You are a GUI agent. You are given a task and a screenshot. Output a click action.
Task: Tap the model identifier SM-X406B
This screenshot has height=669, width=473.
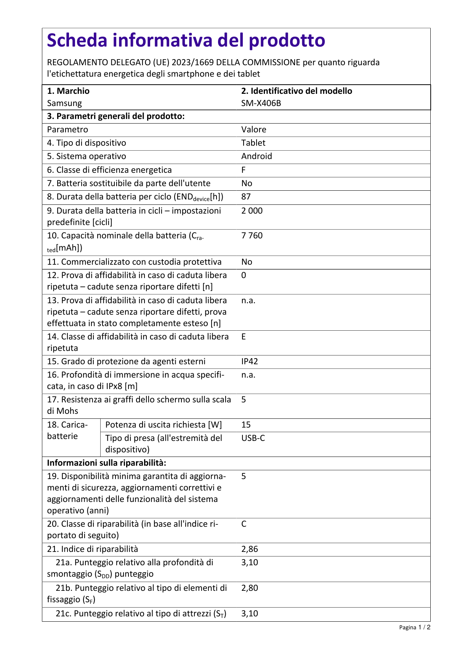261,103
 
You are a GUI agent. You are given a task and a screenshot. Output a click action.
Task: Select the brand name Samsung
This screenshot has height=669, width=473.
64,103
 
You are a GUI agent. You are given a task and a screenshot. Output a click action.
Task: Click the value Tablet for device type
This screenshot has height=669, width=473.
253,143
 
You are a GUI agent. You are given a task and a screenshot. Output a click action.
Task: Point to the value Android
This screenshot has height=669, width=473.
257,156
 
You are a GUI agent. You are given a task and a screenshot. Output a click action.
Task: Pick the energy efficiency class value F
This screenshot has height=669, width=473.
244,170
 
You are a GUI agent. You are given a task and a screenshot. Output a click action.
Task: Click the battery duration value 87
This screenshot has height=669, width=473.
246,196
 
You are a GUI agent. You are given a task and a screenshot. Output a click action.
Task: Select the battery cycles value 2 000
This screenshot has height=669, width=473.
252,211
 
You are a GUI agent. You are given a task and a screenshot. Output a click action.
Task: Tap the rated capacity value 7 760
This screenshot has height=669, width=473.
252,235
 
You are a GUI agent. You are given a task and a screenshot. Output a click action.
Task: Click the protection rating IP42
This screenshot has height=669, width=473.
250,361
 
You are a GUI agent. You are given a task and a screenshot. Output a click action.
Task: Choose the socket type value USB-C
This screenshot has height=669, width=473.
253,438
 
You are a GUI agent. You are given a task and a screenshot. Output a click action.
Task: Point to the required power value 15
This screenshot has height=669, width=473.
246,425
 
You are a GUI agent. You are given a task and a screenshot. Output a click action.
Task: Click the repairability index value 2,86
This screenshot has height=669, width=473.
250,549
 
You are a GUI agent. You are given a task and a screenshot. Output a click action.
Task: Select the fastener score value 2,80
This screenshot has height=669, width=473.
250,588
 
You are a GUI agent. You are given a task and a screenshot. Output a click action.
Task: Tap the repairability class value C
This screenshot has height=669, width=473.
244,524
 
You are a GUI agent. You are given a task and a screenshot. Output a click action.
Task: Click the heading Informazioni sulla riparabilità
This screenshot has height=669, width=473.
106,463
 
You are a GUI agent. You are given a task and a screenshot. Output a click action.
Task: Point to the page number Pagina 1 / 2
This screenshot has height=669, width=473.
415,627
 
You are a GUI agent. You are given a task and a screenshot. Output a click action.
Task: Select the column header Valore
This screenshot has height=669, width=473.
254,129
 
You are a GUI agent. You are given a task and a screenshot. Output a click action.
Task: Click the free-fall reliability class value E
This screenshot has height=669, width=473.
244,336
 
